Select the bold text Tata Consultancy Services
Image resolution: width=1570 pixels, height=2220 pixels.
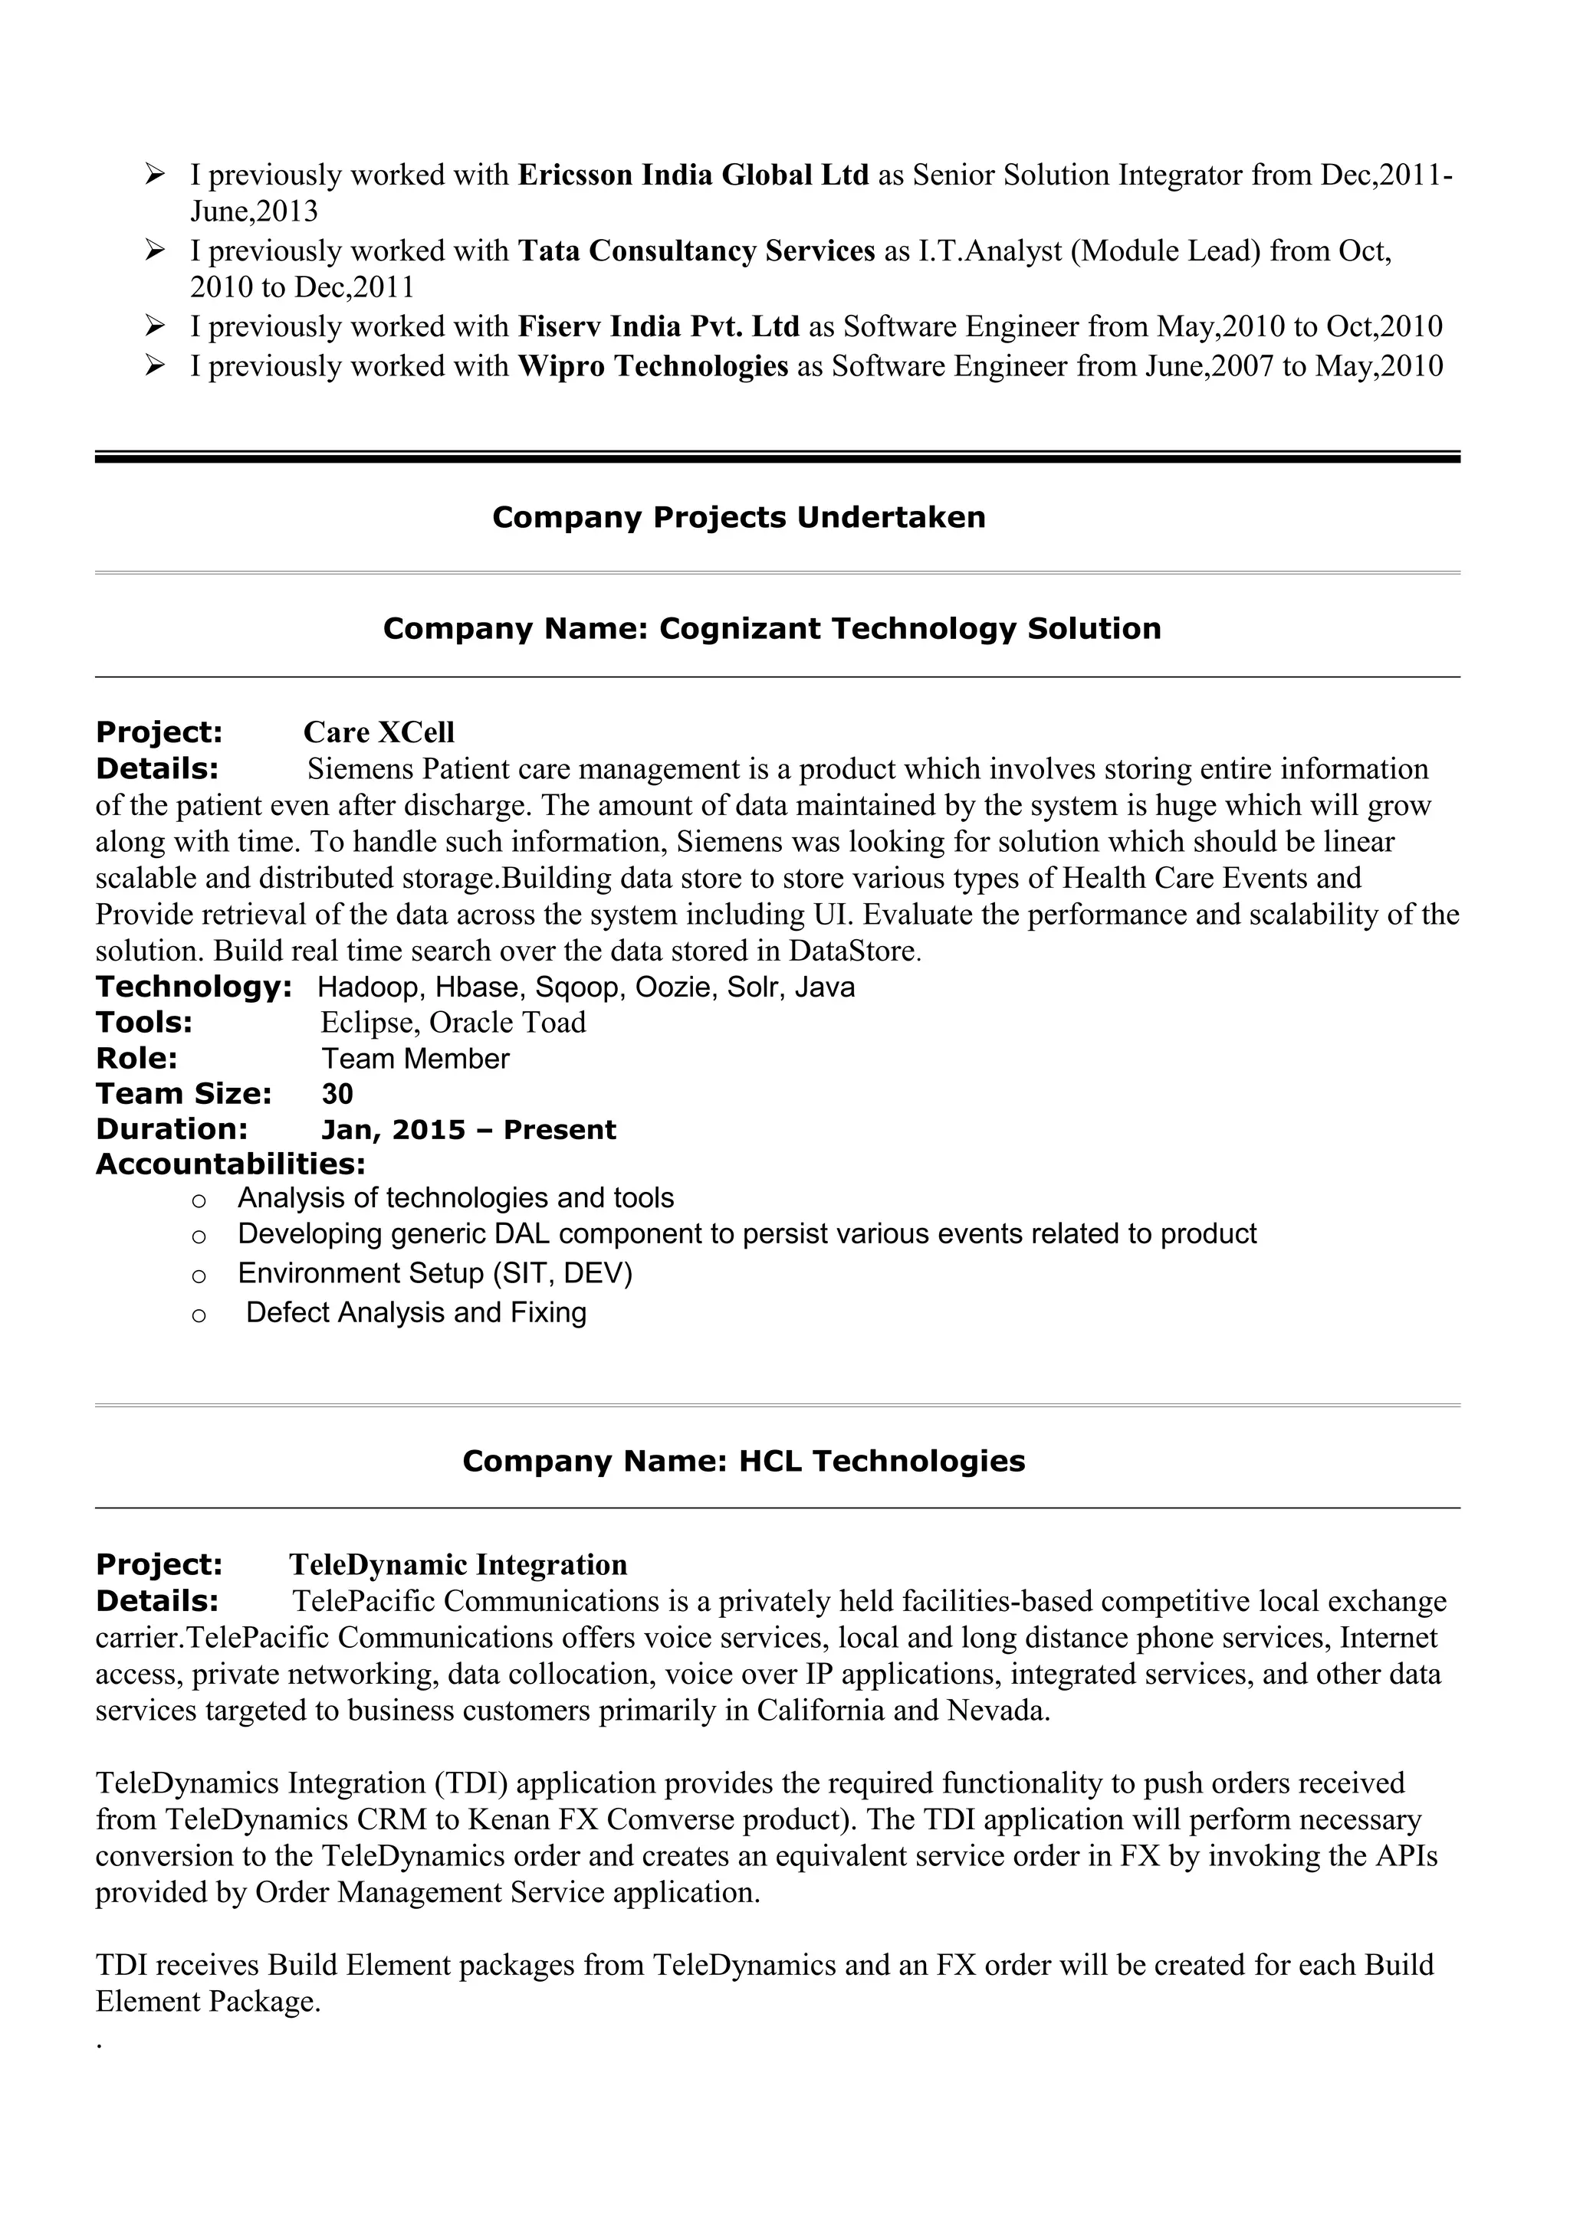(695, 251)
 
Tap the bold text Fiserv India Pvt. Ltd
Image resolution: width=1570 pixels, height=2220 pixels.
(658, 327)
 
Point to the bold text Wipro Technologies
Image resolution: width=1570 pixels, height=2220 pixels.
(653, 366)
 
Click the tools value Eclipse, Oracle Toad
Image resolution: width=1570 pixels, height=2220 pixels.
(453, 1022)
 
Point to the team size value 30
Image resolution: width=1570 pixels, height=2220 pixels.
(337, 1094)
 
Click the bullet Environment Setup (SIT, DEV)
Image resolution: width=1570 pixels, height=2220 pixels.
(435, 1272)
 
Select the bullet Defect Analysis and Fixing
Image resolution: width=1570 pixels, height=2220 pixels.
(416, 1312)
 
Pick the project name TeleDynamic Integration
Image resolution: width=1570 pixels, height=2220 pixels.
(458, 1564)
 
